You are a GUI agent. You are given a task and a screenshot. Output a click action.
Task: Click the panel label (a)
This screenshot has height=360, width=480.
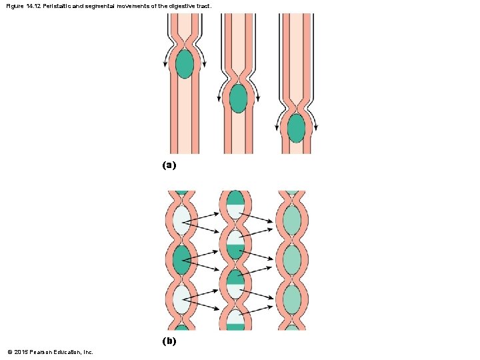pyautogui.click(x=169, y=164)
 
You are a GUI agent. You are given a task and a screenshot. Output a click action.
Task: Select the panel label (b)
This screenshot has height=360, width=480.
pyautogui.click(x=169, y=341)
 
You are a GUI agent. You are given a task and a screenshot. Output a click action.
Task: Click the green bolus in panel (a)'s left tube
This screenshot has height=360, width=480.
pyautogui.click(x=185, y=64)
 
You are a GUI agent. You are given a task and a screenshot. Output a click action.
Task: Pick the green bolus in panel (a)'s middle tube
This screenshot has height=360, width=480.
pyautogui.click(x=238, y=98)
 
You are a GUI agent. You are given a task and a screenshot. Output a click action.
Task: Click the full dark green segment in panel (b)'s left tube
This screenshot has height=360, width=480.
pyautogui.click(x=181, y=260)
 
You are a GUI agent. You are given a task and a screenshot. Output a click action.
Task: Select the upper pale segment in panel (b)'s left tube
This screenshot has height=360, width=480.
pyautogui.click(x=181, y=221)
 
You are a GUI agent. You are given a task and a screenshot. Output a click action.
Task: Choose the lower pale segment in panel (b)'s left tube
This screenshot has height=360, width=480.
pyautogui.click(x=181, y=299)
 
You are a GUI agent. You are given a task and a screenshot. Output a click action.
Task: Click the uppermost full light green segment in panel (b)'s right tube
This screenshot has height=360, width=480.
pyautogui.click(x=292, y=219)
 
